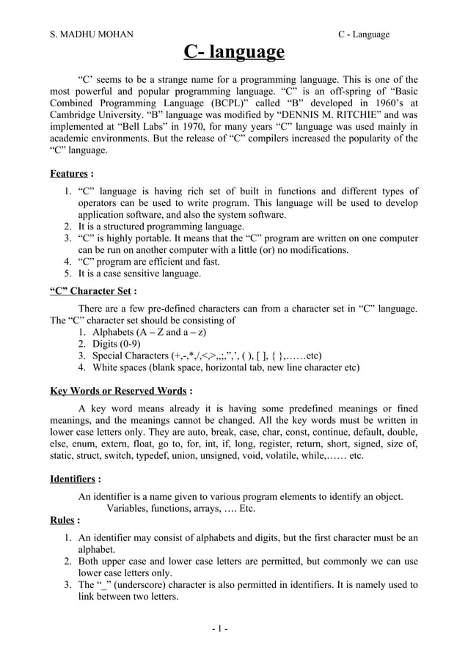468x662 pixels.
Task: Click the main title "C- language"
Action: coord(233,53)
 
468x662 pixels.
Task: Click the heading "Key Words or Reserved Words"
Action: coord(117,390)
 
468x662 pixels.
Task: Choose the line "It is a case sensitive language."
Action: coord(139,273)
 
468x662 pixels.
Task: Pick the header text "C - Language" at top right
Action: coord(363,34)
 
